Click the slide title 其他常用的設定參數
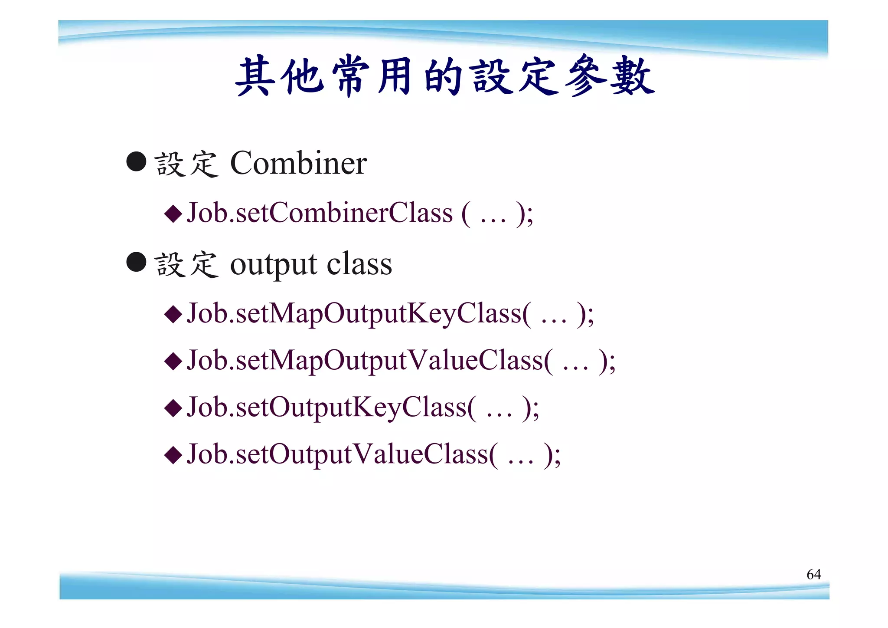444,76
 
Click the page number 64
813,574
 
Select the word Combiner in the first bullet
298,163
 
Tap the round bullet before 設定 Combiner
136,161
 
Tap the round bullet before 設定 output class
136,262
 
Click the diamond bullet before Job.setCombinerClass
173,214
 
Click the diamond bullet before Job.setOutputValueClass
173,455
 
